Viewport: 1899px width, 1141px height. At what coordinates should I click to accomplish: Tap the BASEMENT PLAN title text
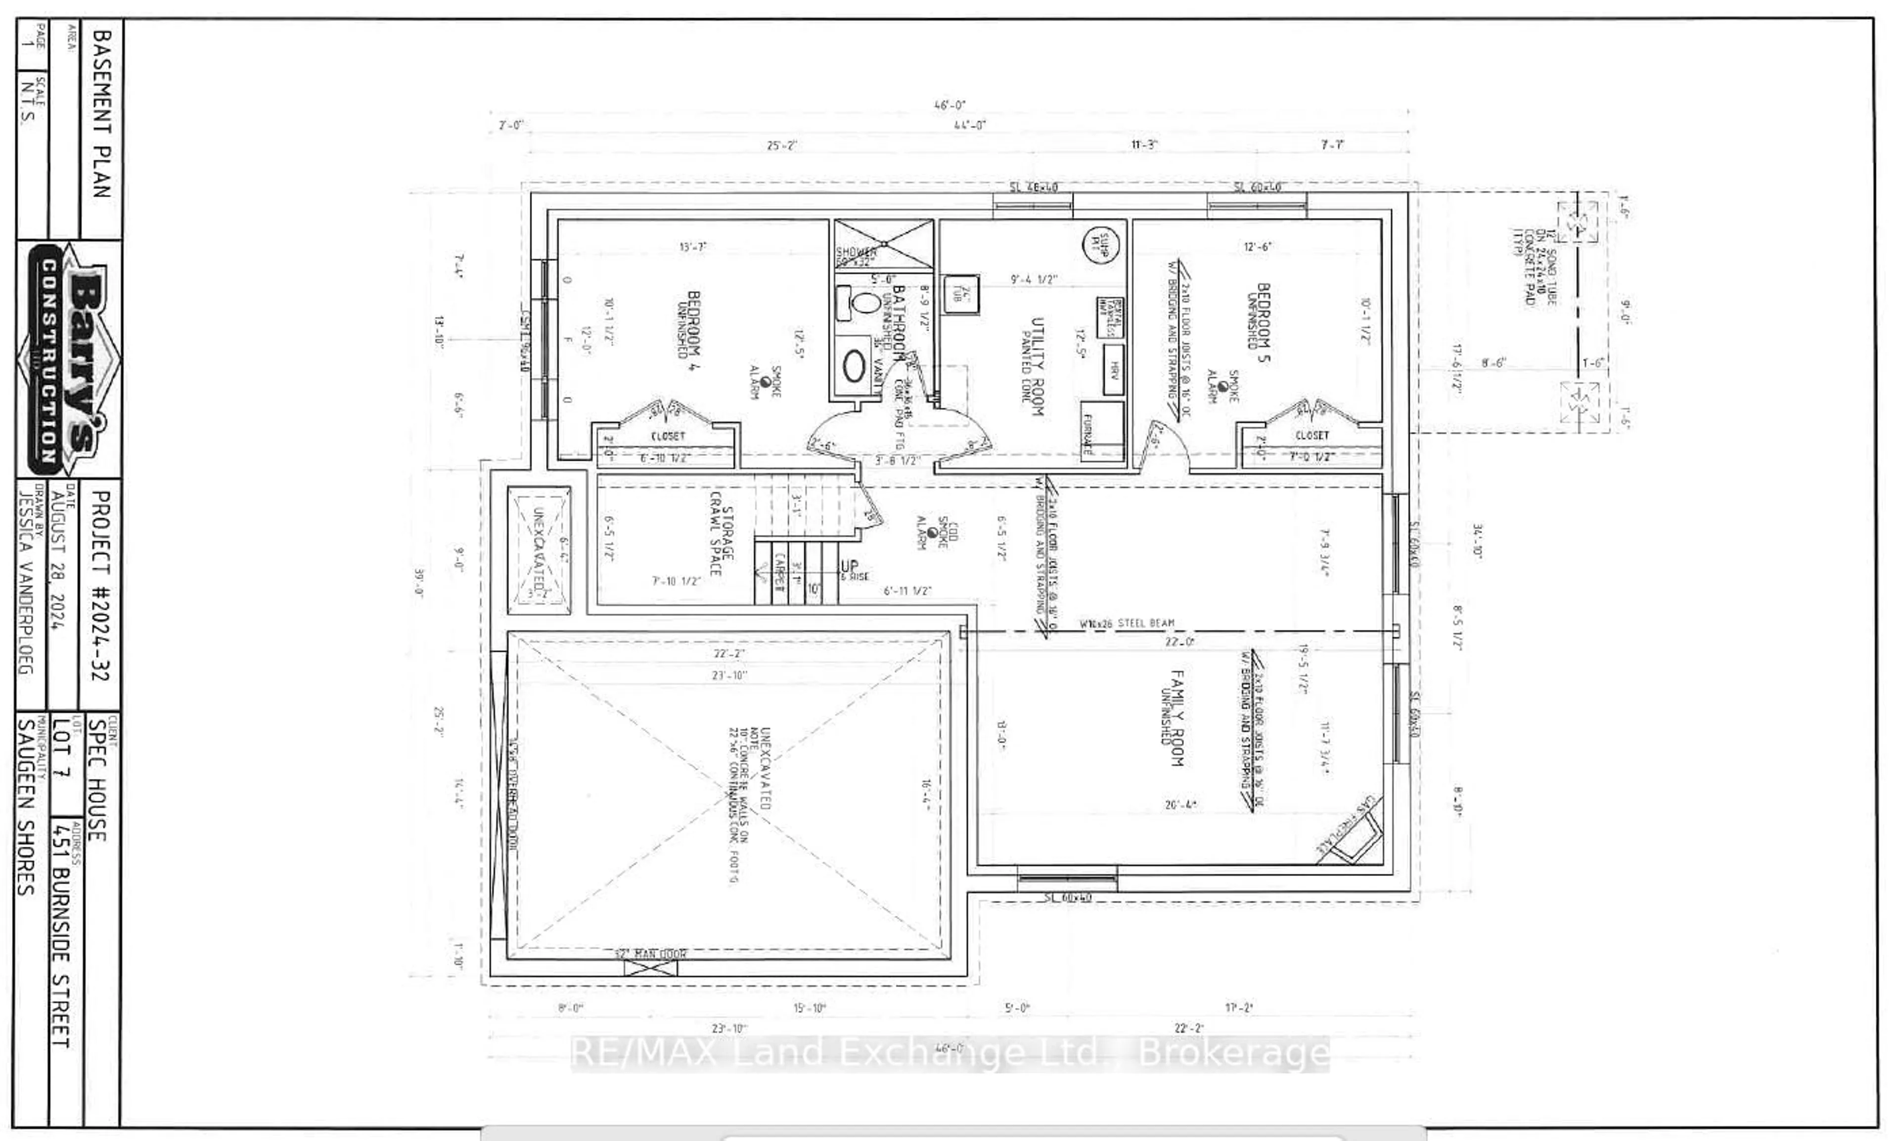point(101,114)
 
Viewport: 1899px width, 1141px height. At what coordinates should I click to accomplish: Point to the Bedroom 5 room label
point(1260,322)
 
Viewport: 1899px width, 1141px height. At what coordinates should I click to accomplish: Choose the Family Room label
point(1175,717)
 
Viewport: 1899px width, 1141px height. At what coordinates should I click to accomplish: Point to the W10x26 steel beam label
point(1127,623)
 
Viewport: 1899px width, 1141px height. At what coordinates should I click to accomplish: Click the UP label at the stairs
point(849,567)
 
